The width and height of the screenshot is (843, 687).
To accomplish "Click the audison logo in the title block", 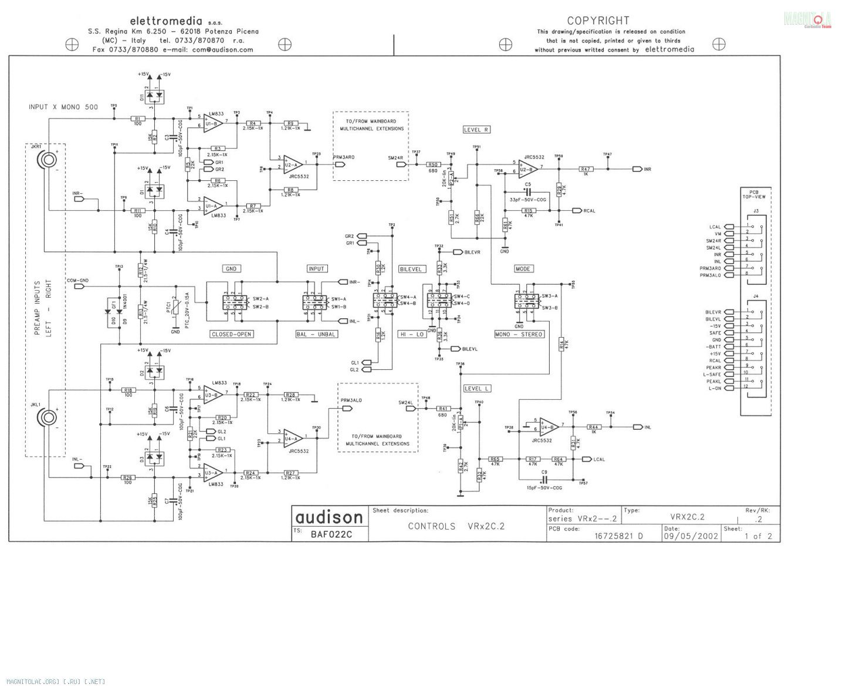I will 329,517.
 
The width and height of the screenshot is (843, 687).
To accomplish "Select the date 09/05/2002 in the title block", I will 690,536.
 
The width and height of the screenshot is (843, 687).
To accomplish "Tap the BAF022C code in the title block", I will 331,534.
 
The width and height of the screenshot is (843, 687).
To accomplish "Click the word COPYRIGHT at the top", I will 598,21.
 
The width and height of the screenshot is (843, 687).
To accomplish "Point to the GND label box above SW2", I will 231,269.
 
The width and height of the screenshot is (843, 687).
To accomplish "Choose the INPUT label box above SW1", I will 316,269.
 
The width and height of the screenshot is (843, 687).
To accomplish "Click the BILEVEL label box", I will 411,270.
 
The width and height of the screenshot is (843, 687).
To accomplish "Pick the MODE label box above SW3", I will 523,269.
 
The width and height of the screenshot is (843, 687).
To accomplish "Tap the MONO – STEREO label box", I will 519,334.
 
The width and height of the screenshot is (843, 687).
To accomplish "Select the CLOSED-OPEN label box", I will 231,334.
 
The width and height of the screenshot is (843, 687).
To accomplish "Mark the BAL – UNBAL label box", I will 316,334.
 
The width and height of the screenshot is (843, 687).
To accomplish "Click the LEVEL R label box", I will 476,130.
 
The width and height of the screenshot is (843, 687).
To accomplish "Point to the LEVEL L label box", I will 476,389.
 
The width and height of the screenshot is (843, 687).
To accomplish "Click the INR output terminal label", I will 647,169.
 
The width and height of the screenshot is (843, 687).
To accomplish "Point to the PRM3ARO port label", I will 344,158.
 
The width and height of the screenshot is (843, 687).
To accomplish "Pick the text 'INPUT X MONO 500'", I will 63,107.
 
